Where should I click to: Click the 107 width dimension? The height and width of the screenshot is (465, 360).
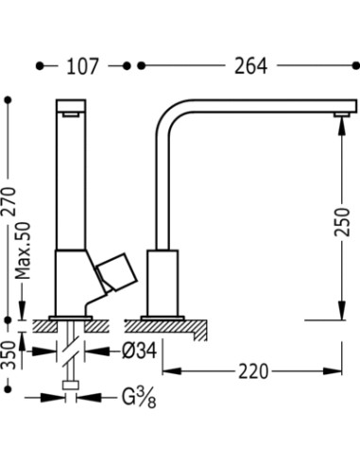point(82,66)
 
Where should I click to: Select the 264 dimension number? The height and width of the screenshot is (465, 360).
point(250,66)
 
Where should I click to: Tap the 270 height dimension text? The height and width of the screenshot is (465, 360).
point(9,201)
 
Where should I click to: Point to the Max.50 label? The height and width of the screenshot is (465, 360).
point(23,250)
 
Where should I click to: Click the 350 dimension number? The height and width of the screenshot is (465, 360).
point(9,355)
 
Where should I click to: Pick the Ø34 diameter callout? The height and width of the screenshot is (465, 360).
point(140,351)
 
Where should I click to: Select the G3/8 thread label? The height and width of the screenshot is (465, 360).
point(139,399)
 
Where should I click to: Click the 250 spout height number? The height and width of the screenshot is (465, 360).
point(342,222)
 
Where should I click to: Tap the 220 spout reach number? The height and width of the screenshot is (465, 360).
point(253,371)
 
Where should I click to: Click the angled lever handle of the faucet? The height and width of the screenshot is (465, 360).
point(117,271)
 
